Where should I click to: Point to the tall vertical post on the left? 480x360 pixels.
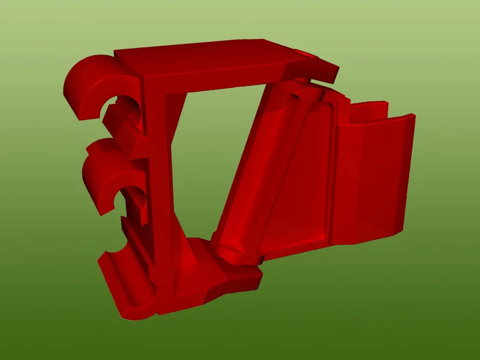coord(158,180)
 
